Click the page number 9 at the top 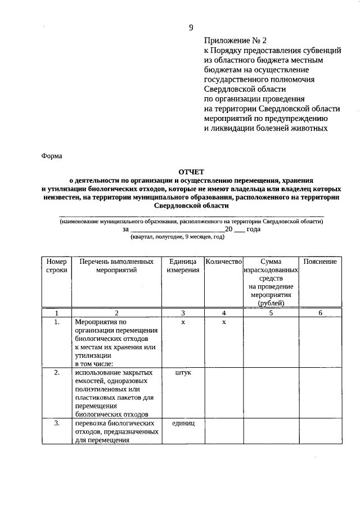tap(191, 28)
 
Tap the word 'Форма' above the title tap(52, 156)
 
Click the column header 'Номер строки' tap(56, 265)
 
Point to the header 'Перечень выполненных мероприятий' tap(116, 265)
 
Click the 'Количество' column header tap(223, 262)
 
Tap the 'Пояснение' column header tap(319, 262)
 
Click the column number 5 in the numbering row tap(271, 313)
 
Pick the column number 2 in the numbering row tap(116, 313)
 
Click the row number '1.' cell tap(56, 322)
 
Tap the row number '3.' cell tap(56, 423)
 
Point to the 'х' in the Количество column tap(223, 322)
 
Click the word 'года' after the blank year tap(253, 229)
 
